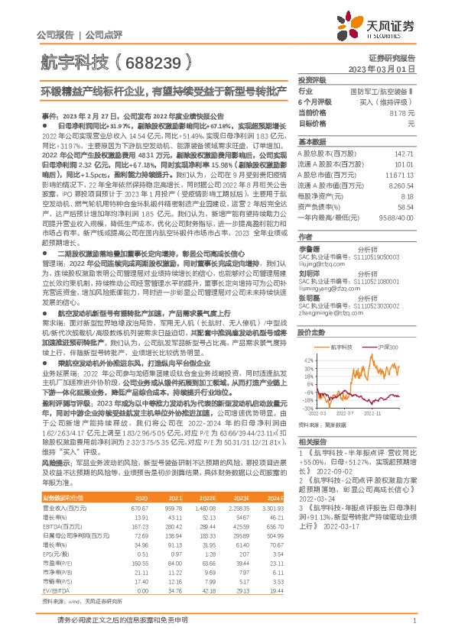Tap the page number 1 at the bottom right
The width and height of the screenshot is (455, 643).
414,622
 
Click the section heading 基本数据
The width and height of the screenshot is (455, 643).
310,142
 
